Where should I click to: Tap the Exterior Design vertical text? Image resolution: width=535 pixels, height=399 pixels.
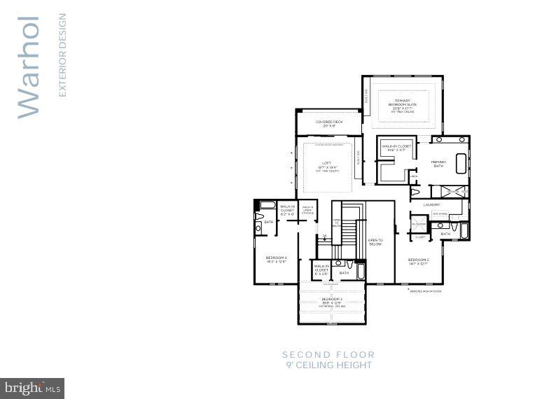[62, 55]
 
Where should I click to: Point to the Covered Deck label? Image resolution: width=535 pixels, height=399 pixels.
[328, 123]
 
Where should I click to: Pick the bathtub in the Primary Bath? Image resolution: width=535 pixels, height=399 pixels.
[461, 163]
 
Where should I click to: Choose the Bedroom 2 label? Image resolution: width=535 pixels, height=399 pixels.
[419, 262]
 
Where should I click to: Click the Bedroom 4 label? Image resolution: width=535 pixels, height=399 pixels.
[277, 260]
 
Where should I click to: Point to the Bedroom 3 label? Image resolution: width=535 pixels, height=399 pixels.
[331, 301]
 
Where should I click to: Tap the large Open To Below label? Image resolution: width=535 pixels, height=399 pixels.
[375, 241]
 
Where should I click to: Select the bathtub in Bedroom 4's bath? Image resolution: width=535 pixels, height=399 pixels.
[267, 205]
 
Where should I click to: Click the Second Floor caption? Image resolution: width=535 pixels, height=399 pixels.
[328, 355]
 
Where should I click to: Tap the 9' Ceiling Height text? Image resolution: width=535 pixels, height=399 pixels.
[328, 365]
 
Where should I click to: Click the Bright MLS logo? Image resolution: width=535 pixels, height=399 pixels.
[32, 387]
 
